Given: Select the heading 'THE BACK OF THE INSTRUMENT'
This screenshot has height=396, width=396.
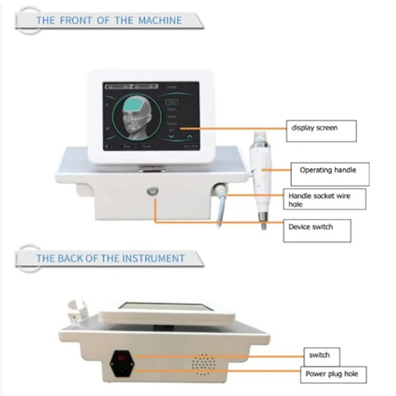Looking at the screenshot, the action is point(110,258).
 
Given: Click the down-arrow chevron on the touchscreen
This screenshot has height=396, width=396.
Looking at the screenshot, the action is point(171,134).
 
